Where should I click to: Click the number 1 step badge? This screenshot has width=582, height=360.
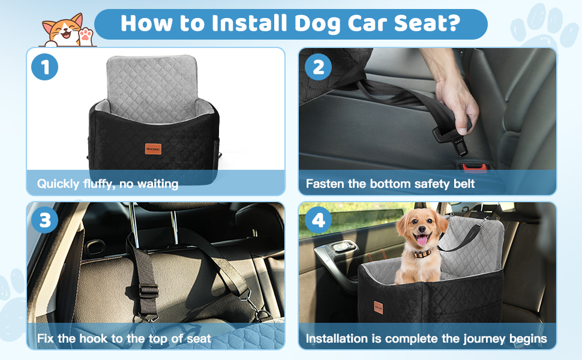[x=44, y=67]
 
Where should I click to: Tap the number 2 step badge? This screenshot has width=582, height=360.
[x=318, y=67]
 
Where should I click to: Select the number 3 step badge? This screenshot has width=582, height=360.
[x=44, y=221]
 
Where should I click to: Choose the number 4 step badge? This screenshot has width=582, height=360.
[x=318, y=221]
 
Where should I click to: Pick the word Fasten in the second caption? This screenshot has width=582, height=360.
[x=326, y=184]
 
